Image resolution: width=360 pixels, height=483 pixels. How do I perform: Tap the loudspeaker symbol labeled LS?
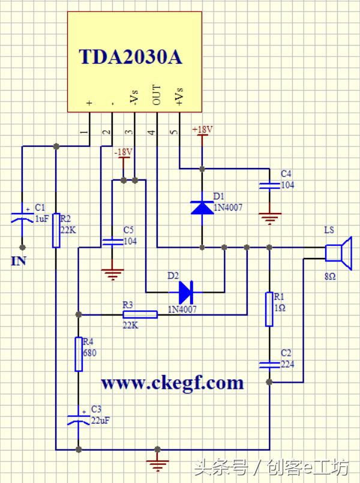(338, 250)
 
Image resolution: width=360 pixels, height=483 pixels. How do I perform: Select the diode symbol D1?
(202, 206)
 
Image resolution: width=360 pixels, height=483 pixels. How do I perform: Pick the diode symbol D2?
(185, 292)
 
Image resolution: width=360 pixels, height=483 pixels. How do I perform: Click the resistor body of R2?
(55, 230)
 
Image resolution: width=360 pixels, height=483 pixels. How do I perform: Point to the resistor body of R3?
(140, 314)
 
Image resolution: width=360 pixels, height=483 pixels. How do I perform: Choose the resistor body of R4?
(78, 354)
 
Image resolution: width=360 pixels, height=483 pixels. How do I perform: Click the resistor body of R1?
(269, 309)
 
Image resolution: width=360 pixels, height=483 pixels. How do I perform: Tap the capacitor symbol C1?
(22, 217)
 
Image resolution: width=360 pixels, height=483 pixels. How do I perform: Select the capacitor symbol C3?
(78, 418)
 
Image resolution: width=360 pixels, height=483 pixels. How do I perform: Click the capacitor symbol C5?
(112, 241)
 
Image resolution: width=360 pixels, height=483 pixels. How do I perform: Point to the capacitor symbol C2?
(269, 364)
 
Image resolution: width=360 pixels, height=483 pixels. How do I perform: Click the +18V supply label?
(202, 129)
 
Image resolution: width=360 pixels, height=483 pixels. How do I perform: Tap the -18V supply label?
(122, 152)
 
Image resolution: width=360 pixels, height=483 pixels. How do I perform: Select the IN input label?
(18, 262)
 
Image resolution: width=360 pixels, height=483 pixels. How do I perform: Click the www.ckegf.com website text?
(172, 383)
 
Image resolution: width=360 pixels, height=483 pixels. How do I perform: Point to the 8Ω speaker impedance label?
(330, 277)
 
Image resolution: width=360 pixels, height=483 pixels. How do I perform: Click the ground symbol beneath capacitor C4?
(269, 218)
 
